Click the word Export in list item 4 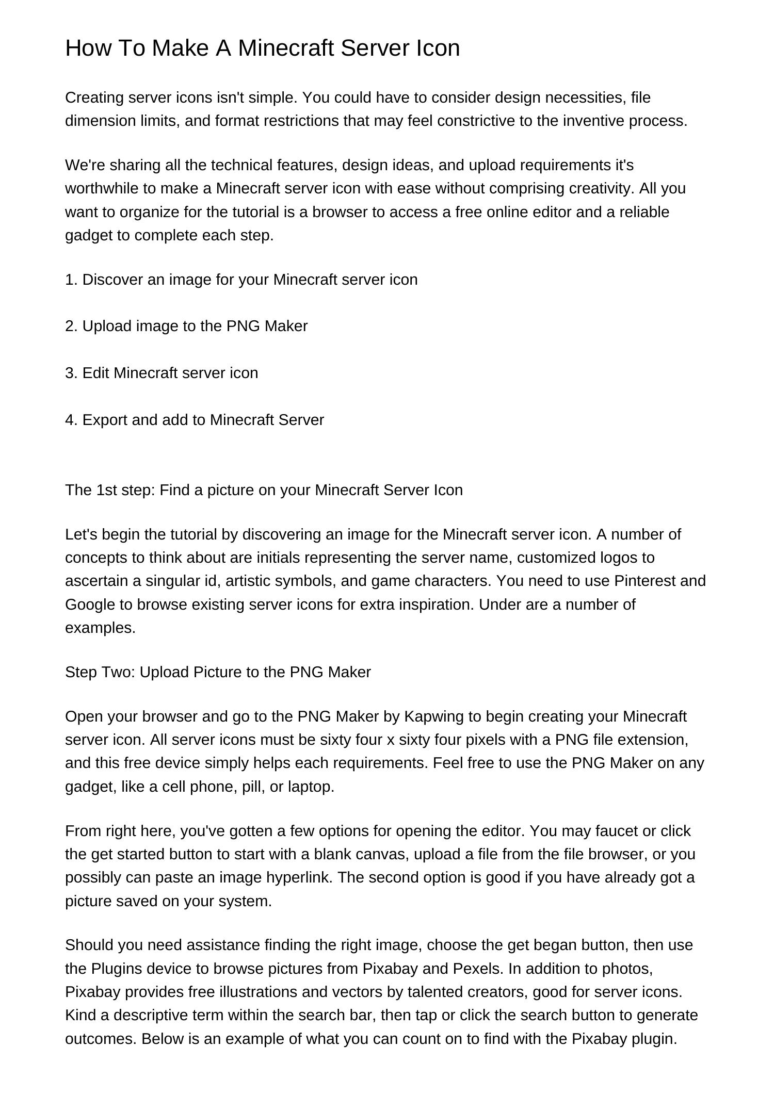105,420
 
